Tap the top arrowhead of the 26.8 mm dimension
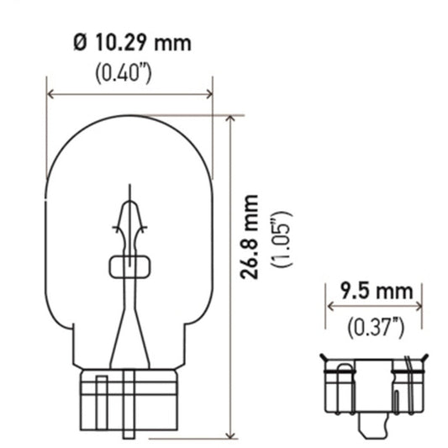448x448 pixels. point(231,119)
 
